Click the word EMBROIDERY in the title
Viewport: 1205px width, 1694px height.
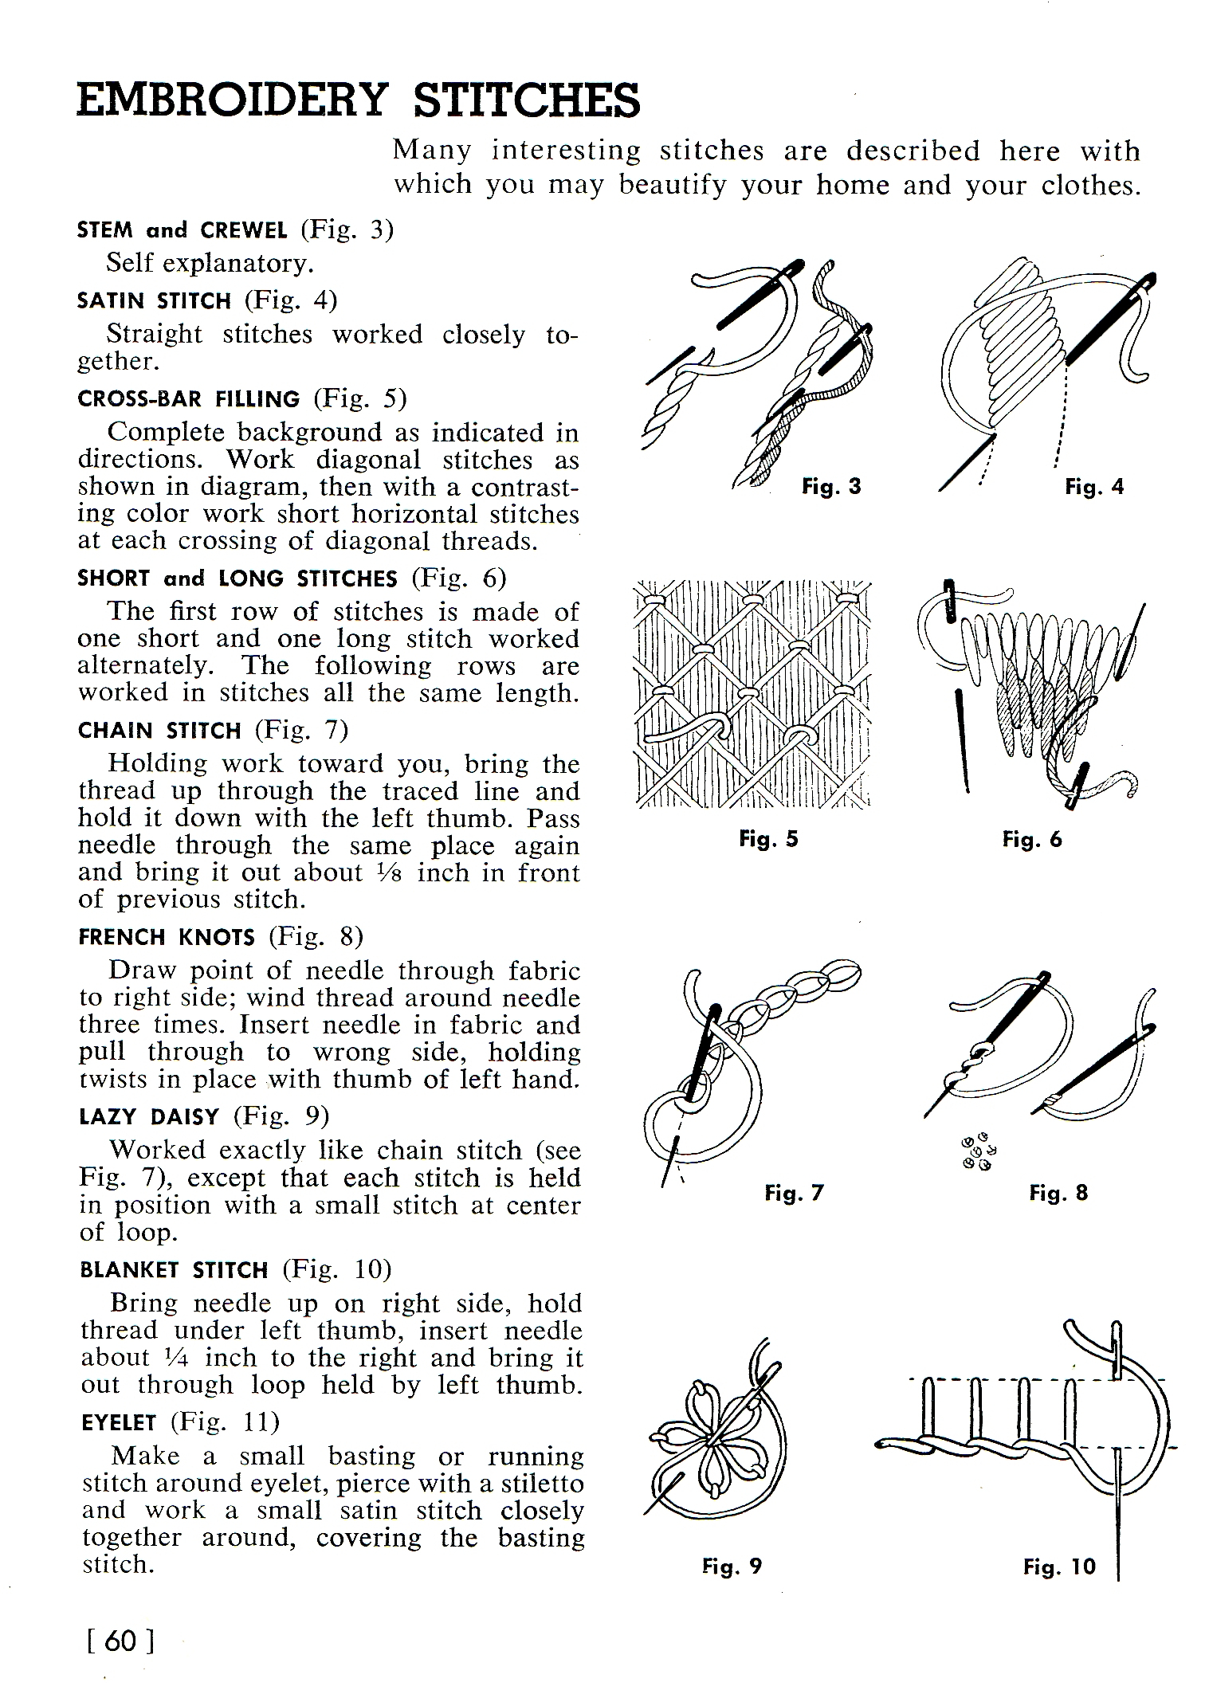pyautogui.click(x=232, y=101)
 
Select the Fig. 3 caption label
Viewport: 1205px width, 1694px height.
pyautogui.click(x=831, y=486)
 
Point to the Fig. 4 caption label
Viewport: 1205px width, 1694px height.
pyautogui.click(x=1093, y=486)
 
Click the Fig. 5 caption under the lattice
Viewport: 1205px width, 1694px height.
pyautogui.click(x=768, y=839)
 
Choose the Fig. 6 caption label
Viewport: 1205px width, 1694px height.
pyautogui.click(x=1032, y=839)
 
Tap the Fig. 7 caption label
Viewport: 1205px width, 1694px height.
pyautogui.click(x=793, y=1193)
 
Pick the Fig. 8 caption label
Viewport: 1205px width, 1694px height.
pyautogui.click(x=1058, y=1193)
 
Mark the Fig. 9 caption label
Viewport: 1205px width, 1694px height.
pyautogui.click(x=732, y=1567)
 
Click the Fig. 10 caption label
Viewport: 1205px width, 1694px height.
pyautogui.click(x=1059, y=1567)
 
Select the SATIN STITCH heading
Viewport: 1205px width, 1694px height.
pyautogui.click(x=154, y=301)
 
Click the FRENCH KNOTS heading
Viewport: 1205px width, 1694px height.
pyautogui.click(x=167, y=937)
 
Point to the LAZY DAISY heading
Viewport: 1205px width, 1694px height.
pyautogui.click(x=149, y=1117)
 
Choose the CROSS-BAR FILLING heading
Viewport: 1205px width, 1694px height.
pyautogui.click(x=189, y=399)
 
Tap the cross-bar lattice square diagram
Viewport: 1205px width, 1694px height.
pyautogui.click(x=752, y=692)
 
